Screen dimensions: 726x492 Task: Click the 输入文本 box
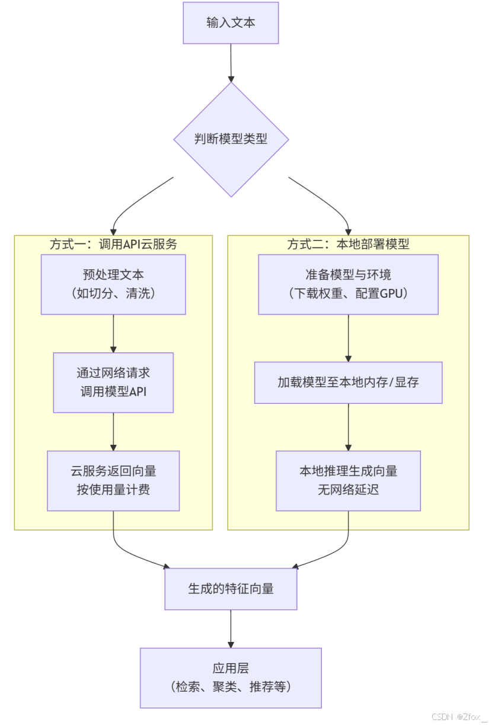click(x=231, y=23)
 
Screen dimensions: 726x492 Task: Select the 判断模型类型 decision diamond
click(x=231, y=140)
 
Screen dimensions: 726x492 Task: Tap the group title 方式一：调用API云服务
click(x=113, y=244)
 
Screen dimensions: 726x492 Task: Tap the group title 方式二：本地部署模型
click(x=348, y=244)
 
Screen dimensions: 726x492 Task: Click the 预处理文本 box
click(x=113, y=284)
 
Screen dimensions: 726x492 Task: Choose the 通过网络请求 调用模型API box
click(x=113, y=383)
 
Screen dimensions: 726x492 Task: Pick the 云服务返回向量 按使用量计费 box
click(x=113, y=480)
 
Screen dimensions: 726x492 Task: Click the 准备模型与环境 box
click(x=348, y=284)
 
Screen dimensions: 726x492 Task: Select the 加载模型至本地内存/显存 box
click(x=348, y=383)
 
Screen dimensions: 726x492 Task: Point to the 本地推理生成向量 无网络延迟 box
click(x=348, y=480)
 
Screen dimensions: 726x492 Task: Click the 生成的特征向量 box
click(x=231, y=589)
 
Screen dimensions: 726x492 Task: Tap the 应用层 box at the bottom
click(x=231, y=677)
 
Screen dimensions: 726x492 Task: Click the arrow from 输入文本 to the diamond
click(x=231, y=63)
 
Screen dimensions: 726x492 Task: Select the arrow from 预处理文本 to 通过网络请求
click(x=113, y=333)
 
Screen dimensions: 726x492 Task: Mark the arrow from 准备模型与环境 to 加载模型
click(x=348, y=338)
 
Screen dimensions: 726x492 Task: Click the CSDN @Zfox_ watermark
click(x=459, y=717)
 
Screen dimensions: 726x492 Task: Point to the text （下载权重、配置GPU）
click(x=348, y=293)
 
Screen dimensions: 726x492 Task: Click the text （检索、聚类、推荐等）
click(x=231, y=687)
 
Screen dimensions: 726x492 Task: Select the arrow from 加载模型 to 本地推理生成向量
click(x=348, y=427)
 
